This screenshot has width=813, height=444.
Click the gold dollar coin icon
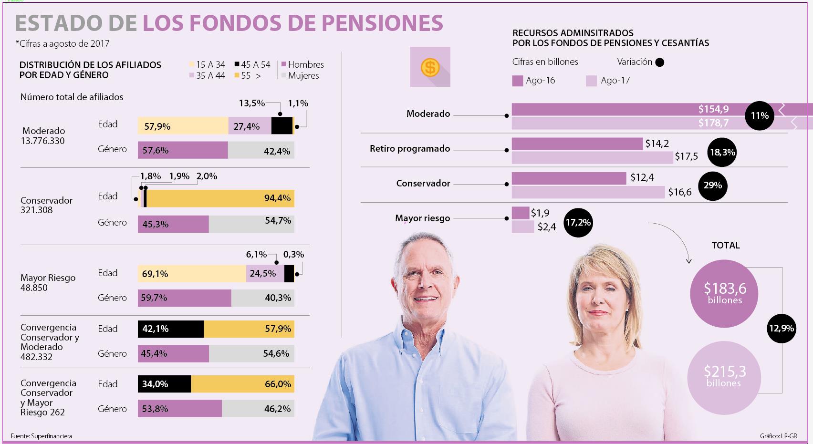coord(430,67)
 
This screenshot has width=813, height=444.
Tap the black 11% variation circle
coord(760,115)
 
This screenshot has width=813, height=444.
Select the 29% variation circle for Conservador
coord(713,186)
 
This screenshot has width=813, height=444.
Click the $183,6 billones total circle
coord(724,293)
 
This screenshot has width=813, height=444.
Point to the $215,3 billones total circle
coord(724,376)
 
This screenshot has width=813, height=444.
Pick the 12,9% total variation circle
coord(781,328)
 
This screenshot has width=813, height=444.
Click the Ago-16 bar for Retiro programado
coord(577,144)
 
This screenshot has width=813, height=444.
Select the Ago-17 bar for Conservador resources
coord(588,192)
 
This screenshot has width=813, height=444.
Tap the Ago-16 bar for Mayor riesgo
coord(520,213)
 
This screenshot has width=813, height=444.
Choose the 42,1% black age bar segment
coord(170,329)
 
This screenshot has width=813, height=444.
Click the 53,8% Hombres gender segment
coord(179,409)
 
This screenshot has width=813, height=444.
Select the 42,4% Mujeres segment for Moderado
coord(261,151)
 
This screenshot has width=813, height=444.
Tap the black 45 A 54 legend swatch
coord(237,64)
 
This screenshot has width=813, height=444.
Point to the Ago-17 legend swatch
coord(591,81)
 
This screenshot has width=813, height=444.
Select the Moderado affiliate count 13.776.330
coord(43,141)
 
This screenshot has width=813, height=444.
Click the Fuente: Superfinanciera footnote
coord(42,436)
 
